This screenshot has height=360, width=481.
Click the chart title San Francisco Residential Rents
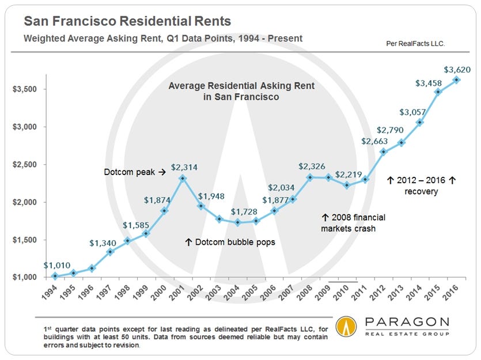[127, 22]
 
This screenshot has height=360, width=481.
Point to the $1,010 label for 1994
[56, 266]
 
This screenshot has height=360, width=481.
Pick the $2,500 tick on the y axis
[26, 165]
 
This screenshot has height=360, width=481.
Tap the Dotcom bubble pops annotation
[230, 242]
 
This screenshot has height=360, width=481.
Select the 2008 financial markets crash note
[353, 223]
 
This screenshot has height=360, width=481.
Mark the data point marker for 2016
[456, 79]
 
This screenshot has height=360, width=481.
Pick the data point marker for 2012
[383, 152]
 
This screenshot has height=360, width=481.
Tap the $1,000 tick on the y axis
[26, 278]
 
